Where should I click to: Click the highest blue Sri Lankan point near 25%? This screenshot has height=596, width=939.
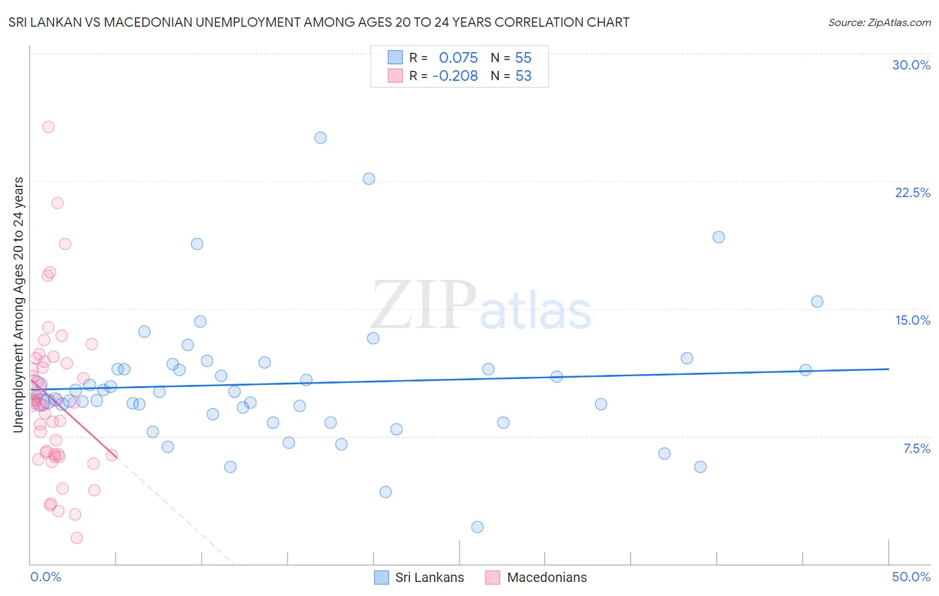click(321, 138)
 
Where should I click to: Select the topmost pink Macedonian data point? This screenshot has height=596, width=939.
click(48, 127)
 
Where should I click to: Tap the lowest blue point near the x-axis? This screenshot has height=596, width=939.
click(478, 527)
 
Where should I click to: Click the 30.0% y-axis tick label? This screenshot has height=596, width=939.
click(911, 65)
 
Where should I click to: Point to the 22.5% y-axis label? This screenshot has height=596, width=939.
click(912, 192)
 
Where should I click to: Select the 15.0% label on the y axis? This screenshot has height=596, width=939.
click(912, 320)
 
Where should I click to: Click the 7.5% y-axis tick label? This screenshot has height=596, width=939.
click(916, 448)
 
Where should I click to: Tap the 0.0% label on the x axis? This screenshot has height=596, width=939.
click(45, 577)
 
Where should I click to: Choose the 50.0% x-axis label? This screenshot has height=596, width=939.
click(911, 577)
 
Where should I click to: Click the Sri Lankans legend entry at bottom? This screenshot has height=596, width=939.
click(429, 577)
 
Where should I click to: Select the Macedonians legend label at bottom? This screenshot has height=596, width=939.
click(546, 577)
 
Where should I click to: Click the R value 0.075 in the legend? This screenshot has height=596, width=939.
click(458, 58)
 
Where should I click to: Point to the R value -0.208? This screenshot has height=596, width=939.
click(455, 76)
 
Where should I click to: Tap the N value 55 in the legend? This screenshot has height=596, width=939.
click(524, 58)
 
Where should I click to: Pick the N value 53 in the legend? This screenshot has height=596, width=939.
click(524, 76)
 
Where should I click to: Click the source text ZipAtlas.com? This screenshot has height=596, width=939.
click(880, 23)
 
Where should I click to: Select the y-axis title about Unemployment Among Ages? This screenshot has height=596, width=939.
click(19, 305)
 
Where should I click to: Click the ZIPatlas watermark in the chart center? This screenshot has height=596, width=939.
click(481, 306)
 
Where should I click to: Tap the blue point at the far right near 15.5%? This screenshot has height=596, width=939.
click(817, 301)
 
